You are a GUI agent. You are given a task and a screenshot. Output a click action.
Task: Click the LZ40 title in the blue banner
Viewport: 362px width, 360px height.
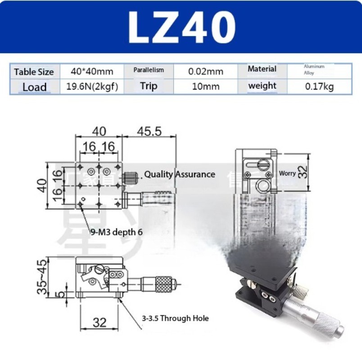pos(181,27)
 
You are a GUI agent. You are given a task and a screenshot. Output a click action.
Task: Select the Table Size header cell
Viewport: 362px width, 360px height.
pos(34,72)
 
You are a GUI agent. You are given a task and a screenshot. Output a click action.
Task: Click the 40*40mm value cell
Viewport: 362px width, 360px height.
pos(92,71)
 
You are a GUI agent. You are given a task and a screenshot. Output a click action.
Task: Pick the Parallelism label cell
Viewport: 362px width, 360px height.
pos(149,70)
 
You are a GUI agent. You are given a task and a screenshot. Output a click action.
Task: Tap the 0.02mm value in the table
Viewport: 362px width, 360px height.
pos(205,71)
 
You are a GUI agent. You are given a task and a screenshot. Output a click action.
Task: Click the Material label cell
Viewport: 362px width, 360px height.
pos(262,69)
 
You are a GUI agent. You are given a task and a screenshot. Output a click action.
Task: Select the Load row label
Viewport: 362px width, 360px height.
pos(35,87)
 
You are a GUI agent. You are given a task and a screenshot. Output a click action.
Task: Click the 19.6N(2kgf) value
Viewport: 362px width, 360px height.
pos(92,86)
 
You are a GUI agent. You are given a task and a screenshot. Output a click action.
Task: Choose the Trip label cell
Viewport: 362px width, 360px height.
pos(148,86)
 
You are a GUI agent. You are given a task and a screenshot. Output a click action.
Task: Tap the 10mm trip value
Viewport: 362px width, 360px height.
pos(205,86)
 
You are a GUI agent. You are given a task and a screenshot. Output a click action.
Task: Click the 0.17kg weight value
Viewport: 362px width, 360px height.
pos(319,86)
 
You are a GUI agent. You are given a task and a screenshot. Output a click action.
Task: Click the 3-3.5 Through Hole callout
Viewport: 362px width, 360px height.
pos(176,318)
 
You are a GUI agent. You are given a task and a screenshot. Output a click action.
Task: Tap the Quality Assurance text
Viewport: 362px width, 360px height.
pos(180,174)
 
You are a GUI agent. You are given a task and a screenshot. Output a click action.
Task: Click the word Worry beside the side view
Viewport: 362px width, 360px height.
pos(287,173)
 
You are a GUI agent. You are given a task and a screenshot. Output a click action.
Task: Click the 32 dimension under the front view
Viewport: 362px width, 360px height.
pos(100,322)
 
